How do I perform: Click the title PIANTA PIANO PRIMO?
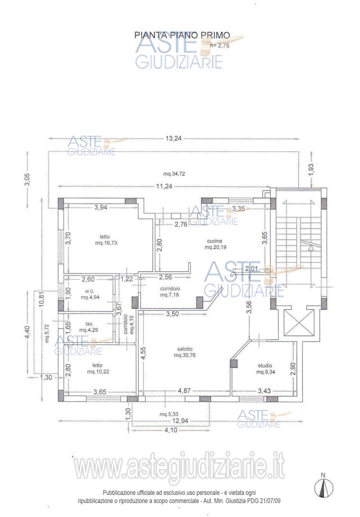182,35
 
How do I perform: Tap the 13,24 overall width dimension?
173,139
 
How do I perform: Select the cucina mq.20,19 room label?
215,244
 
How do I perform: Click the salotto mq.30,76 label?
185,352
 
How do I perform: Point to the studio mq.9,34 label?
265,369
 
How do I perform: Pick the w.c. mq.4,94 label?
90,294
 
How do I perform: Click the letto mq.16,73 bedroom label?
105,240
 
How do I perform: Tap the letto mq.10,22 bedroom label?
98,368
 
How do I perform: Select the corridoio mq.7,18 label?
170,291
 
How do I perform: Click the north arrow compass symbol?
323,486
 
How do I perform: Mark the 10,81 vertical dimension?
41,299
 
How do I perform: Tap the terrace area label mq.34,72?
174,174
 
